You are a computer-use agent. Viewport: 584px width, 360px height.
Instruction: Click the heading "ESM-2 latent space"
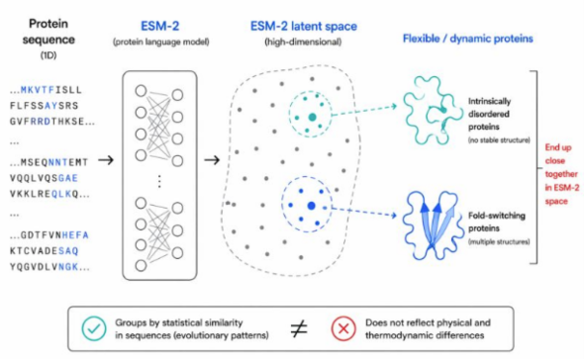click(x=304, y=27)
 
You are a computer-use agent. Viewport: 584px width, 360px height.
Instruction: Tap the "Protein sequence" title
click(x=49, y=32)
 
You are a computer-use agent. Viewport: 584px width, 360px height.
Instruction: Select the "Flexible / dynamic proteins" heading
click(x=468, y=39)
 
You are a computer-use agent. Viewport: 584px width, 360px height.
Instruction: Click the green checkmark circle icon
click(x=94, y=328)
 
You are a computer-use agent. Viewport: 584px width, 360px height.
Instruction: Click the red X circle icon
click(x=343, y=328)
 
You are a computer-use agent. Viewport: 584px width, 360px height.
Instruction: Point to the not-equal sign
click(x=299, y=328)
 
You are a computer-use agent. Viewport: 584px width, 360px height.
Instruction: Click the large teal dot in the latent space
click(x=312, y=118)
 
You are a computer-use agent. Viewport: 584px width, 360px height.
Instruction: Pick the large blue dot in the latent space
click(x=312, y=206)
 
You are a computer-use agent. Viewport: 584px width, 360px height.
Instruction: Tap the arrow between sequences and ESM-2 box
click(x=106, y=160)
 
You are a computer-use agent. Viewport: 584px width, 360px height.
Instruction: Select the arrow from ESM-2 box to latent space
click(x=212, y=160)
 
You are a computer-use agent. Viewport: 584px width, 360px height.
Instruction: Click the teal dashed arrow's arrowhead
click(x=394, y=107)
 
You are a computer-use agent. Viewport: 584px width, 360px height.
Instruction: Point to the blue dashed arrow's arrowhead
click(x=393, y=216)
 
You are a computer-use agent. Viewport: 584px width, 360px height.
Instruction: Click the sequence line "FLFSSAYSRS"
click(x=44, y=106)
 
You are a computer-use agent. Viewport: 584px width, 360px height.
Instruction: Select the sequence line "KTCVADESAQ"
click(x=44, y=251)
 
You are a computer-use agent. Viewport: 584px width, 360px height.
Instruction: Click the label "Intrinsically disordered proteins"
click(x=489, y=114)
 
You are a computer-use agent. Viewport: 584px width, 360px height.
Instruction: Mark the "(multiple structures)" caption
click(x=499, y=242)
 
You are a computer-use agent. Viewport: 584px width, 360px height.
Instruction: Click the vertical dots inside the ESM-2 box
click(x=159, y=181)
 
